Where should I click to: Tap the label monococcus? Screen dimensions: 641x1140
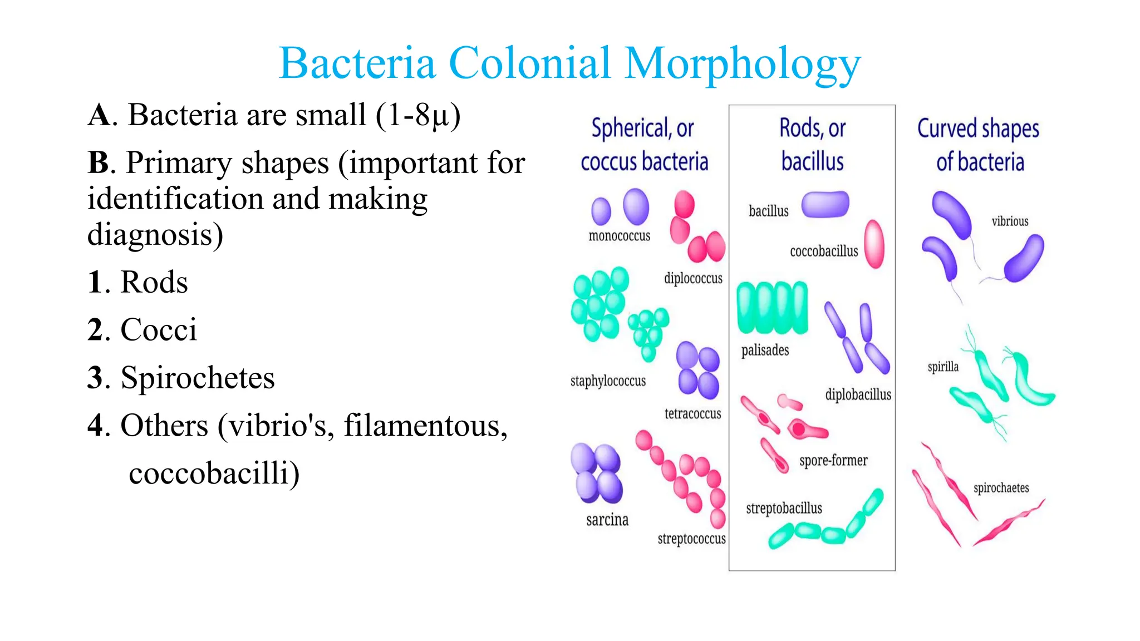click(619, 236)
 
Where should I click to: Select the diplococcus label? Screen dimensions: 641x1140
click(693, 278)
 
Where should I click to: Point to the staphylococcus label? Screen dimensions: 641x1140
click(608, 381)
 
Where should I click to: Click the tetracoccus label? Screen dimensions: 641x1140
click(692, 413)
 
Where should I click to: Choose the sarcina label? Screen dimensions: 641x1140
click(607, 520)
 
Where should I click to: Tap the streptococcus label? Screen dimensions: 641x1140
click(691, 539)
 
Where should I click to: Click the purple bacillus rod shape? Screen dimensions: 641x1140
click(825, 204)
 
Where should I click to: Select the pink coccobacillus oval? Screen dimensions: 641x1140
click(874, 244)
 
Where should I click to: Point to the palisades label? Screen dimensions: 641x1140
click(765, 350)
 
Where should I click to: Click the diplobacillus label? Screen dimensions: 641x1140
click(858, 395)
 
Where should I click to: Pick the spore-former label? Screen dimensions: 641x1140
click(833, 460)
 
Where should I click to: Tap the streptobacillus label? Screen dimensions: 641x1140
click(784, 508)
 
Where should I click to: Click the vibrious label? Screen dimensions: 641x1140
click(1010, 221)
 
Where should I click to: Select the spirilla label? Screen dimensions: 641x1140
click(943, 367)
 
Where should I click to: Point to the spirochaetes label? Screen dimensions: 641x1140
click(1001, 488)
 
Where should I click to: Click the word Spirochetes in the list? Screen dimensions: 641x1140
click(198, 378)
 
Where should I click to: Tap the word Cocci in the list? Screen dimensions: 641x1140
click(159, 330)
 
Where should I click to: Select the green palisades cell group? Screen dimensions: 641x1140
click(772, 307)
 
